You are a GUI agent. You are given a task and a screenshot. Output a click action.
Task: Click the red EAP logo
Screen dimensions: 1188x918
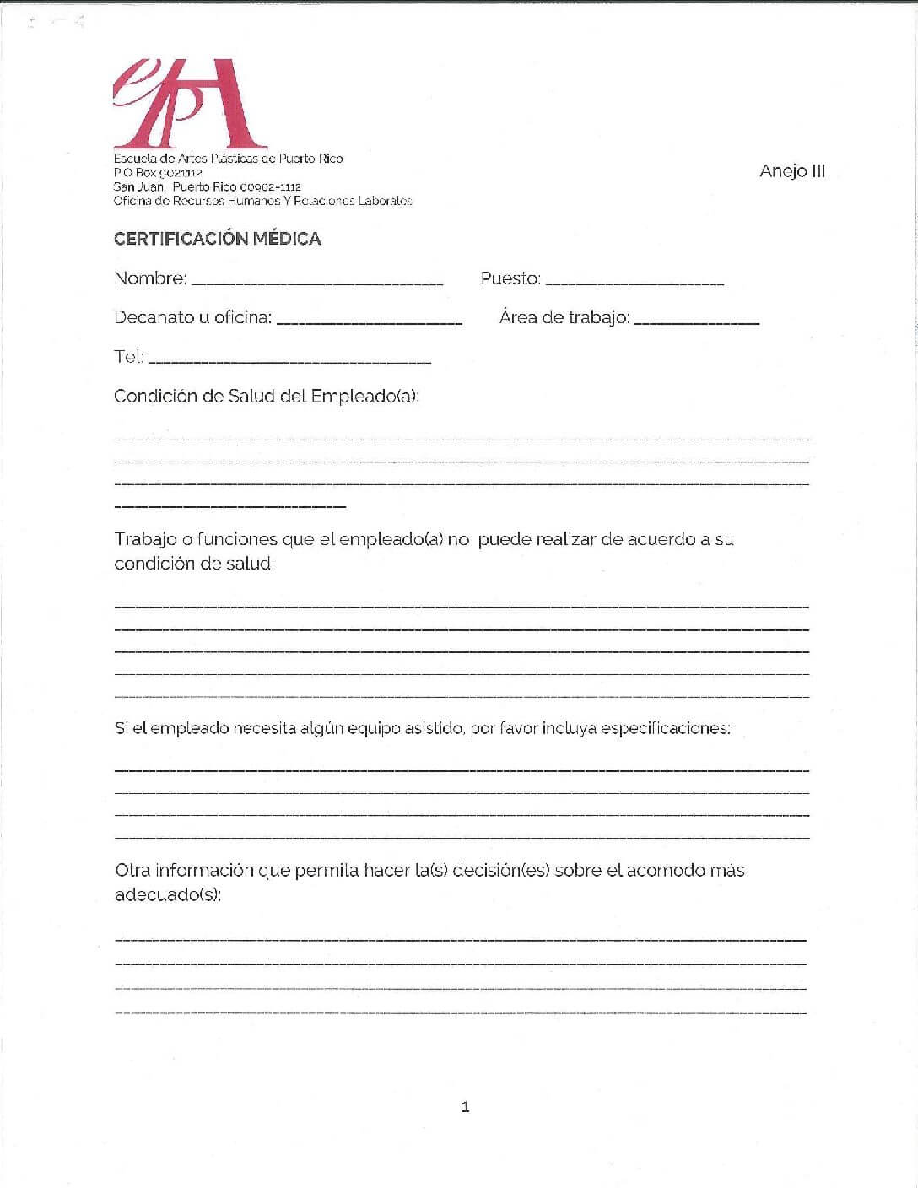pyautogui.click(x=189, y=103)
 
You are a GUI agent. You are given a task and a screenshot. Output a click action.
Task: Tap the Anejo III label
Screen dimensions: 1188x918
pyautogui.click(x=791, y=171)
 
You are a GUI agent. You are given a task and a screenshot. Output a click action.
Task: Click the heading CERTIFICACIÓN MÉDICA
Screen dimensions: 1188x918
pyautogui.click(x=217, y=239)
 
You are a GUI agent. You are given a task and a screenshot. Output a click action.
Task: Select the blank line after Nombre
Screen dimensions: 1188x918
pyautogui.click(x=317, y=282)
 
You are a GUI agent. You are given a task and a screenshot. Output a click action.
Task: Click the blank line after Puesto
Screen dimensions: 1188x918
pyautogui.click(x=634, y=282)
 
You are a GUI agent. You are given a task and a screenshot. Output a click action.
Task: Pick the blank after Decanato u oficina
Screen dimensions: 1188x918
pyautogui.click(x=369, y=322)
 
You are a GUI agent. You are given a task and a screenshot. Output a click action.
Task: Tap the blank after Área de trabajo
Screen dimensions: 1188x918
pyautogui.click(x=696, y=322)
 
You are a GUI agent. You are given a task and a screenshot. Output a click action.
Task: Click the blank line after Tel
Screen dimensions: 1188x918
pyautogui.click(x=289, y=361)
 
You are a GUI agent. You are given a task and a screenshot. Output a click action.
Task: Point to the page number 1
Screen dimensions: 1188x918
pyautogui.click(x=465, y=1107)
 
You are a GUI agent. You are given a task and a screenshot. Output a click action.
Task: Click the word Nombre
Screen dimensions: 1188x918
pyautogui.click(x=149, y=278)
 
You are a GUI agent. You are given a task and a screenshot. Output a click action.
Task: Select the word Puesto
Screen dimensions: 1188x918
pyautogui.click(x=510, y=278)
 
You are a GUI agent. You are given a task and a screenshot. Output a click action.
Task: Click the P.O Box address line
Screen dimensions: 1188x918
pyautogui.click(x=158, y=172)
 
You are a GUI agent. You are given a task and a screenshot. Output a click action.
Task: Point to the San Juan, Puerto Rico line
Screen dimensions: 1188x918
pyautogui.click(x=207, y=186)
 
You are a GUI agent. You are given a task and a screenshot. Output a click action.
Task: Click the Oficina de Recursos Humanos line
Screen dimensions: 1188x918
pyautogui.click(x=262, y=201)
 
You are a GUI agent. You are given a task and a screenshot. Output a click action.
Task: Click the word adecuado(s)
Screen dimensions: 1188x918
pyautogui.click(x=167, y=894)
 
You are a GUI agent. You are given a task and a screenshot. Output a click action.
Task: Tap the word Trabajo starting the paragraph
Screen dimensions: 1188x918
pyautogui.click(x=145, y=539)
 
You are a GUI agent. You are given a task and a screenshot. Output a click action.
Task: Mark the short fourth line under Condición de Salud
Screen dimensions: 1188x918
pyautogui.click(x=229, y=506)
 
